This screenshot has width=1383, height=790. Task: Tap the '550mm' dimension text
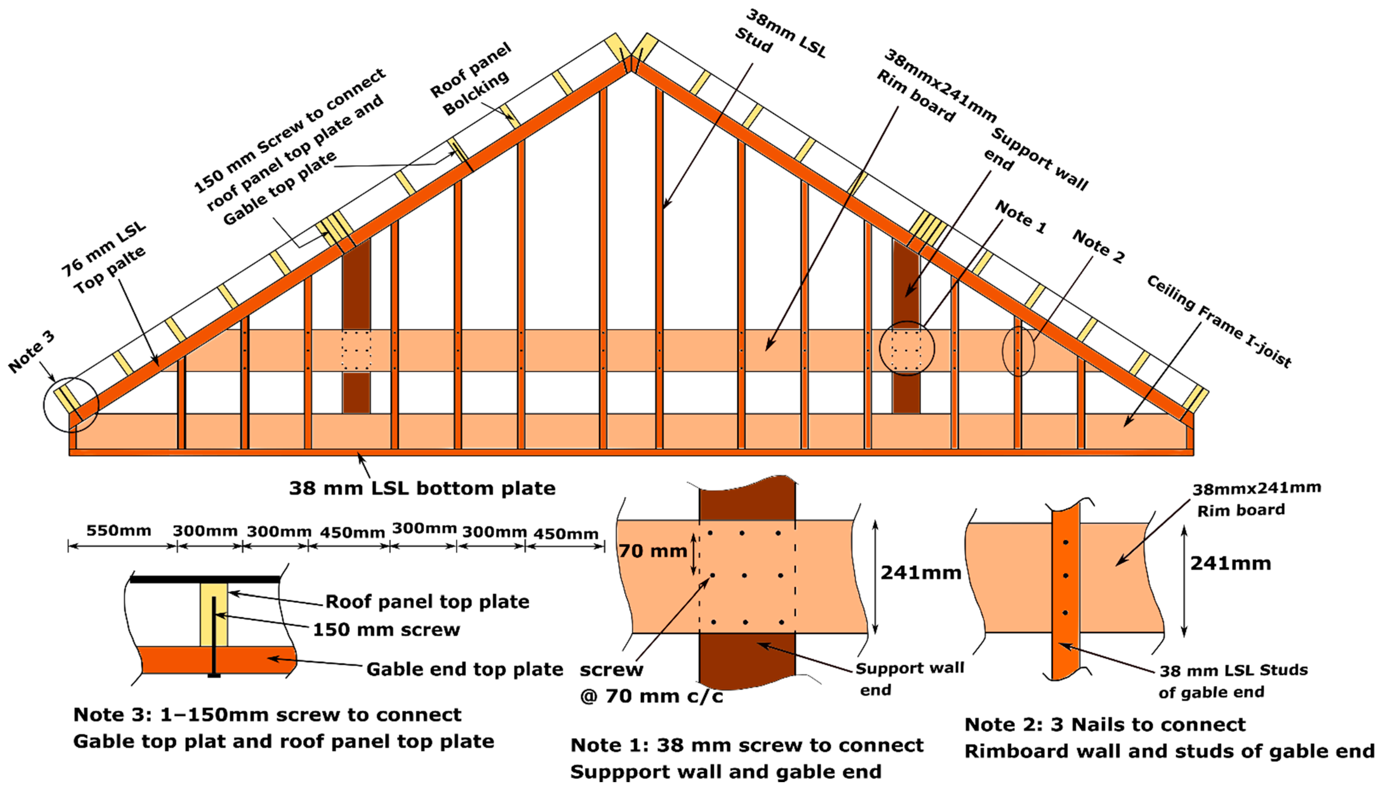pyautogui.click(x=119, y=530)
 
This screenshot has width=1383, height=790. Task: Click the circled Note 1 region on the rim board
pyautogui.click(x=907, y=348)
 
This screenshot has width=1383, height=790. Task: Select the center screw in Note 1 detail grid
pyautogui.click(x=745, y=576)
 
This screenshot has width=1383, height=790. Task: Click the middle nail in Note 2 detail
pyautogui.click(x=1065, y=576)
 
